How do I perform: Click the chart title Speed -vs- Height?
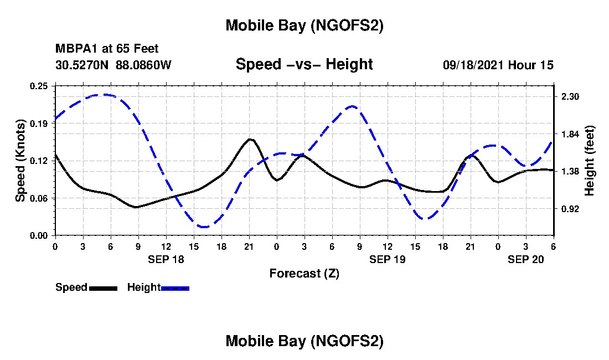point(304,65)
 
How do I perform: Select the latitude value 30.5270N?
point(82,65)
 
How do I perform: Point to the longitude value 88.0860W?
point(144,65)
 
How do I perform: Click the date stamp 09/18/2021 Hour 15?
point(498,65)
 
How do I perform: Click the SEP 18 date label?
point(166,259)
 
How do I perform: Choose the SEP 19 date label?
point(388,259)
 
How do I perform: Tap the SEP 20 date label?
point(526,259)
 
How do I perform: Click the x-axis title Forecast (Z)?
point(304,274)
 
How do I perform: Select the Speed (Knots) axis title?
point(20,161)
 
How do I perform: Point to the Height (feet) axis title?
point(590,161)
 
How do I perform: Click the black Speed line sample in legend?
point(103,288)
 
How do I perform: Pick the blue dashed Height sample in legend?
point(175,288)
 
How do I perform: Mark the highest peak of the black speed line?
point(250,139)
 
